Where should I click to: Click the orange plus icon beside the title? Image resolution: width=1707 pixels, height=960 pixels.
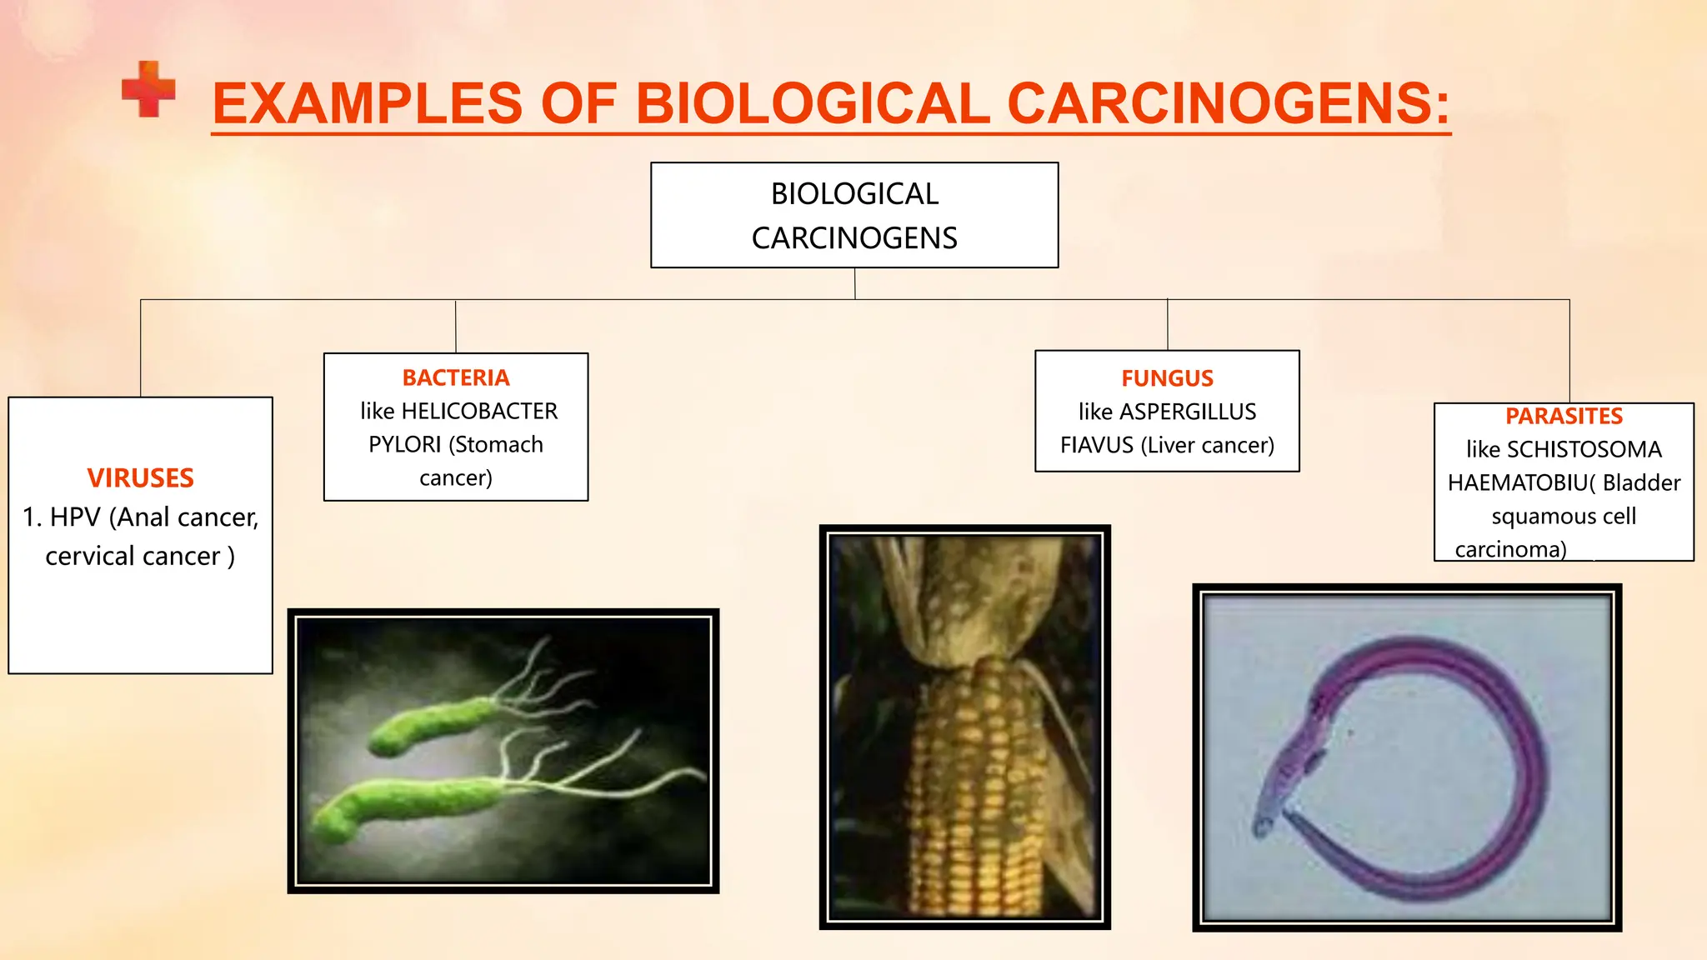148,89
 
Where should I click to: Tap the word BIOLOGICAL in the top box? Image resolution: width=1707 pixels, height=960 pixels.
854,194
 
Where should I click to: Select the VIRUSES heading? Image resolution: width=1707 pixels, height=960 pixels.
140,478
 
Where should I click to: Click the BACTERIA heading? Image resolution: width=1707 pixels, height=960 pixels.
455,378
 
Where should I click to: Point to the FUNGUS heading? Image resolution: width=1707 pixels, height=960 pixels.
1167,379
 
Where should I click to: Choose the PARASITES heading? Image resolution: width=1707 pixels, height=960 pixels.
1564,417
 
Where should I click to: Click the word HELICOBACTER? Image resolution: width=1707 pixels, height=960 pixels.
479,412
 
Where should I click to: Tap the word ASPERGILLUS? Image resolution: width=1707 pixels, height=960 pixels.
1188,412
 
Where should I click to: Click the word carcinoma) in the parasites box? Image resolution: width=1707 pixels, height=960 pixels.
1510,550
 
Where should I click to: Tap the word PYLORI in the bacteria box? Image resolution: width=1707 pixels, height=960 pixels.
405,445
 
